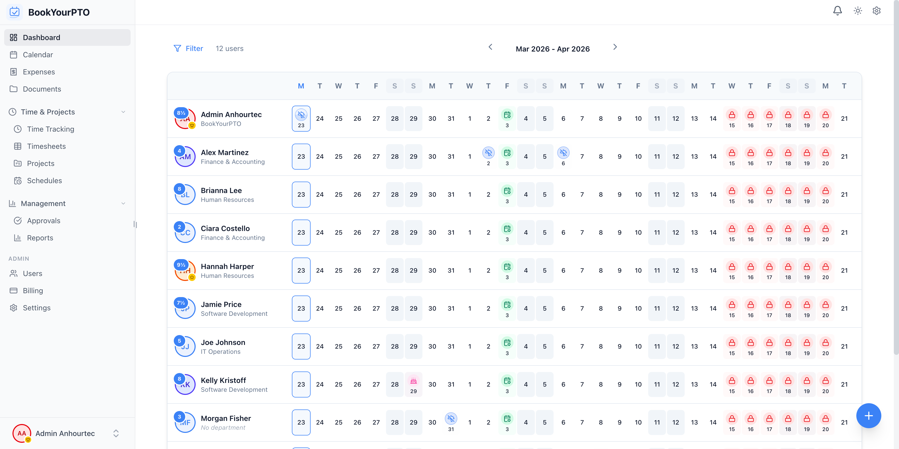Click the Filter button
188,48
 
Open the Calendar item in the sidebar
38,55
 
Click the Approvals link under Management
44,221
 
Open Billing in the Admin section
33,291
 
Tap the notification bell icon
837,11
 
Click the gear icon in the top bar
876,11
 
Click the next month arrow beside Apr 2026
615,47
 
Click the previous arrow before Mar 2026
490,47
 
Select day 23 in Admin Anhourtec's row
301,119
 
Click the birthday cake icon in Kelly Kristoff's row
413,381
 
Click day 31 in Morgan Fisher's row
451,422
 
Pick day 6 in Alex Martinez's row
563,156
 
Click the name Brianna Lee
221,190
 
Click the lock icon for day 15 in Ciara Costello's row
732,229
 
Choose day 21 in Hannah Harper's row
844,270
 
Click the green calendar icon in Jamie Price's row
507,305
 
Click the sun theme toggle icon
857,11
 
